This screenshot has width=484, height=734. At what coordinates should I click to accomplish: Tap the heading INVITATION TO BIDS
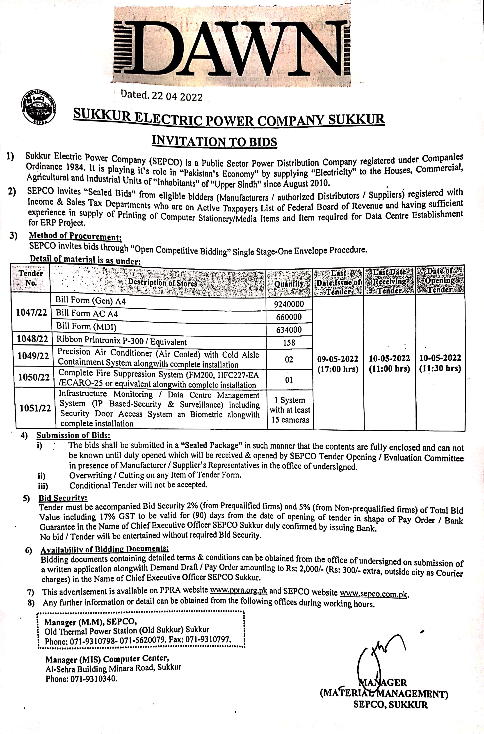(x=215, y=141)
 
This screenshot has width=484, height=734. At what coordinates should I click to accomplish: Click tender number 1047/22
(x=32, y=312)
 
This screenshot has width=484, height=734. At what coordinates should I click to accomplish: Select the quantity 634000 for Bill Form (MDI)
(x=289, y=330)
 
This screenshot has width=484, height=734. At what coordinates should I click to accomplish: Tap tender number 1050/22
(x=34, y=377)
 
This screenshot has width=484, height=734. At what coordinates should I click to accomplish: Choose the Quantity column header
(x=289, y=283)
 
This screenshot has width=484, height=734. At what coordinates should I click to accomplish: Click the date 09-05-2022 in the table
(x=338, y=359)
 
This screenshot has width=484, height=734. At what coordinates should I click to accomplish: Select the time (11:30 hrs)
(x=440, y=368)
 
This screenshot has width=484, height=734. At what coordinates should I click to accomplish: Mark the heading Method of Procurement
(x=75, y=236)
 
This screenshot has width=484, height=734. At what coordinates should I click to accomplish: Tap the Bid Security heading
(x=63, y=498)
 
